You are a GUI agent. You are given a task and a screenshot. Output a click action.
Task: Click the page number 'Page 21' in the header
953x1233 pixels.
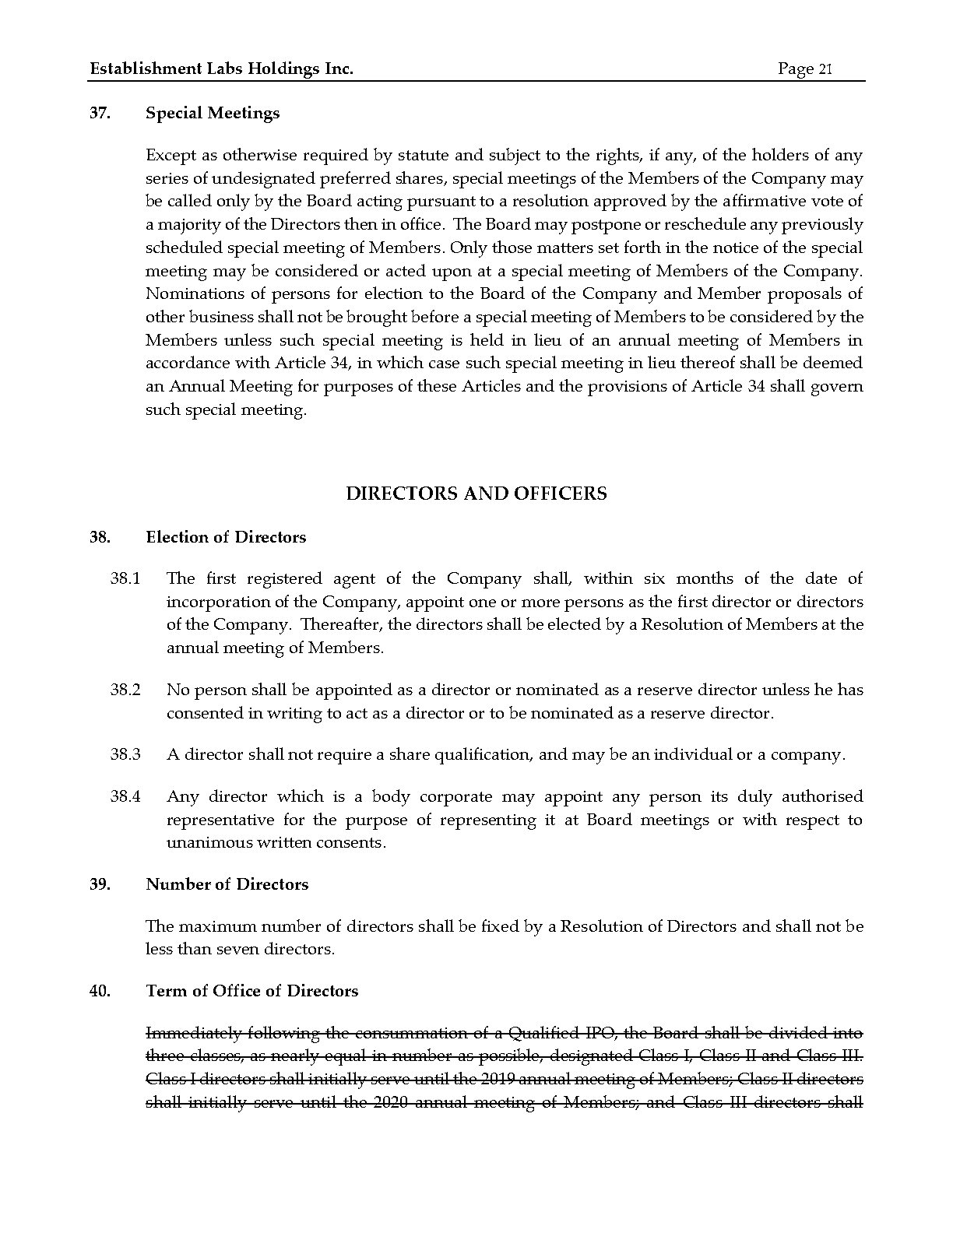(805, 69)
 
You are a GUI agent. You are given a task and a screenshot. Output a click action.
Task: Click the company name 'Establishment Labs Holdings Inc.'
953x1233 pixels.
(222, 69)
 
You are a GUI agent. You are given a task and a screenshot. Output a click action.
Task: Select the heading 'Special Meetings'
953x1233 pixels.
(213, 114)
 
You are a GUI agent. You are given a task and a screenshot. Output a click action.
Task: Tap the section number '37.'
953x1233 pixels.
(100, 114)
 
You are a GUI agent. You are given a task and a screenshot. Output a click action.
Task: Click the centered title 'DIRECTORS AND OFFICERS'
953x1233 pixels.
(476, 494)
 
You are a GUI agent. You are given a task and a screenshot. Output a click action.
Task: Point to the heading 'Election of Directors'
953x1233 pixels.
(226, 538)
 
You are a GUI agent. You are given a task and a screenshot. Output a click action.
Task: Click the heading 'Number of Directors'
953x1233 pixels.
(227, 885)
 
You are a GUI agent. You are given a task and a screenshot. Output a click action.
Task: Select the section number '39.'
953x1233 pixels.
(100, 885)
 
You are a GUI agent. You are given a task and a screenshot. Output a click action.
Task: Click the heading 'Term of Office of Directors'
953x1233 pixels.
(252, 992)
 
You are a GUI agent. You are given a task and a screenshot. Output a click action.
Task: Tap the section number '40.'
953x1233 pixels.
(100, 992)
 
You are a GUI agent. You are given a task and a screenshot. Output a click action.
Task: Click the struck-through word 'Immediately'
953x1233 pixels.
(193, 1034)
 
